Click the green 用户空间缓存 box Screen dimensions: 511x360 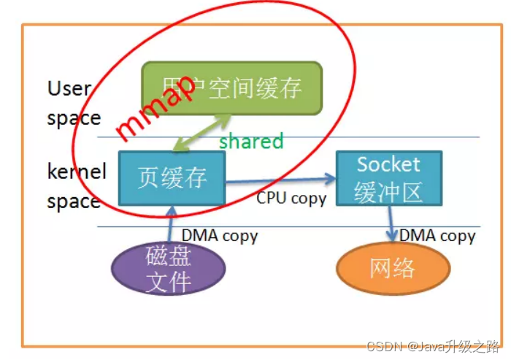[231, 88]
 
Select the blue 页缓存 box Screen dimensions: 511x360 [172, 178]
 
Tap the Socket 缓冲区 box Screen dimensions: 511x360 [388, 178]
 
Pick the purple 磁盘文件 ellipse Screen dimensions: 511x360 [169, 268]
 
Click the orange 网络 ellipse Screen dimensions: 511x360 [393, 268]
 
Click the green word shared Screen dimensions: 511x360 [251, 142]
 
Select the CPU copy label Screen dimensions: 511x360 [291, 198]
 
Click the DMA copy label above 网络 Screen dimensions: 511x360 [437, 235]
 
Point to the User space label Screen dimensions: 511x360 [72, 103]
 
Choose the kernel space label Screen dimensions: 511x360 [76, 186]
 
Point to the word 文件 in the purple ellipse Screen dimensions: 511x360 [169, 280]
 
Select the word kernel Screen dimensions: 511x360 [77, 172]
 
